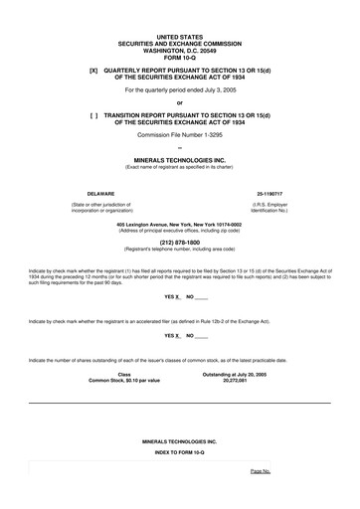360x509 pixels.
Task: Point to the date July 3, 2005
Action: click(x=217, y=90)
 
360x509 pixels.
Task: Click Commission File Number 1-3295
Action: click(x=179, y=134)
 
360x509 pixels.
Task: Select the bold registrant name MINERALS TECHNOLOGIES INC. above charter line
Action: click(x=179, y=158)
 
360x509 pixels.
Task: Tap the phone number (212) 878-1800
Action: click(x=179, y=240)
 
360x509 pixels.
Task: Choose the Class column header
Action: click(x=123, y=374)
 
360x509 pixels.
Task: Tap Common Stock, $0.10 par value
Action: click(x=123, y=380)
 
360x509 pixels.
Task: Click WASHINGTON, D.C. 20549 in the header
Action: click(x=179, y=44)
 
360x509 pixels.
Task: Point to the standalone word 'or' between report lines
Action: click(x=179, y=102)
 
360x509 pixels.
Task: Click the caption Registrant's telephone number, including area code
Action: click(x=179, y=246)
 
